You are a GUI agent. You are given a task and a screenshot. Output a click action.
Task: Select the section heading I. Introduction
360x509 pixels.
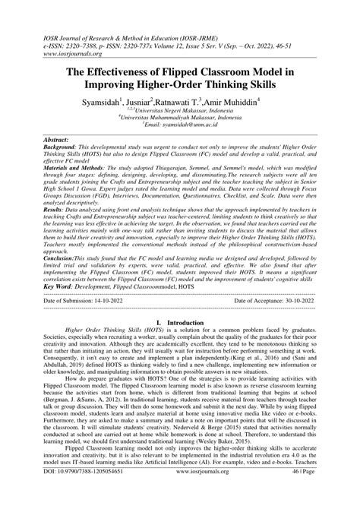tap(180, 343)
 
